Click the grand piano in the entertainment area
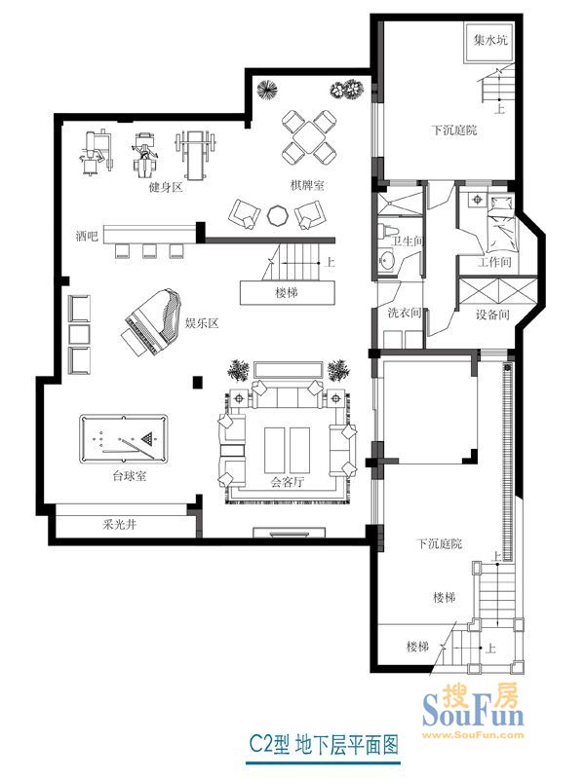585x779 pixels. [x=151, y=322]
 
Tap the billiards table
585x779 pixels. [x=124, y=439]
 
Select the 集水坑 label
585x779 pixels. [x=490, y=40]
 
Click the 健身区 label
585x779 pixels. [x=166, y=187]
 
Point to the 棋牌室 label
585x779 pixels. [x=307, y=186]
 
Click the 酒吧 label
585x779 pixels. [x=87, y=236]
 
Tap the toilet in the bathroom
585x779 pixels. [x=386, y=232]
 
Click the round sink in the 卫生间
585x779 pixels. [x=385, y=261]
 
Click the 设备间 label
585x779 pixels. [x=492, y=315]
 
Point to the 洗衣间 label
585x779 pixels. [x=405, y=313]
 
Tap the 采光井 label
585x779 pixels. [x=119, y=524]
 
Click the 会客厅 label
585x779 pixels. [x=287, y=481]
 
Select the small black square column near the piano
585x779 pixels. [x=198, y=382]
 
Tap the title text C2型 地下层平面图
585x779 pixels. [x=324, y=745]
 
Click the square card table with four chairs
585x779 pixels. [x=308, y=136]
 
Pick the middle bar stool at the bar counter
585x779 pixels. [x=150, y=251]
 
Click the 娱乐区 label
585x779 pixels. [x=202, y=323]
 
